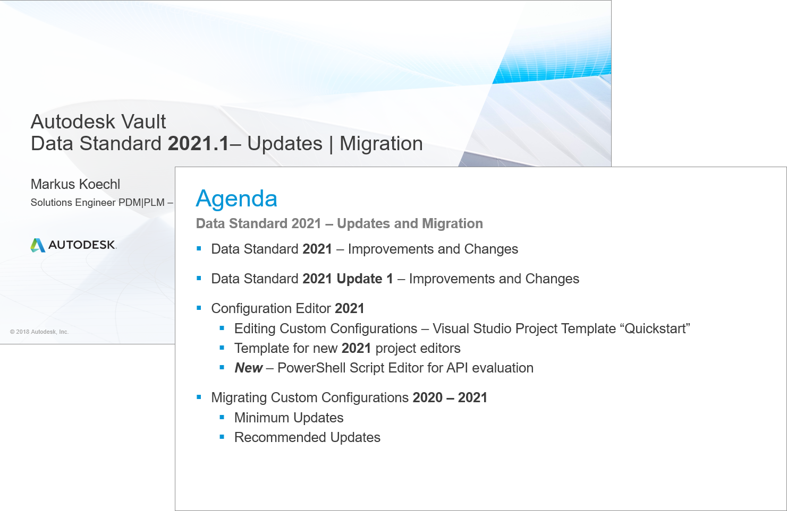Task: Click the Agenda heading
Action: [x=236, y=199]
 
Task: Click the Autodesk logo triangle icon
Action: [x=37, y=245]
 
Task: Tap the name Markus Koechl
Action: [x=75, y=184]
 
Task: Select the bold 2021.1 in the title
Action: [x=198, y=144]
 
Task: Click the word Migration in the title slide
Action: [x=381, y=144]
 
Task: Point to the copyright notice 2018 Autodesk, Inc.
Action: [x=39, y=332]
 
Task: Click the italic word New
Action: [x=249, y=368]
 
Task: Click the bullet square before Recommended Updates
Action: [x=222, y=437]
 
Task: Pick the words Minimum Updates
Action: [x=289, y=418]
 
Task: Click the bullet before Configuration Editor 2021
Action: [x=199, y=308]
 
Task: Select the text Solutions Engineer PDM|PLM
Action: [x=98, y=203]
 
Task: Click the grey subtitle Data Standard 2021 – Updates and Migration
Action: [x=339, y=223]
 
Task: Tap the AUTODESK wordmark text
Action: [x=82, y=245]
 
